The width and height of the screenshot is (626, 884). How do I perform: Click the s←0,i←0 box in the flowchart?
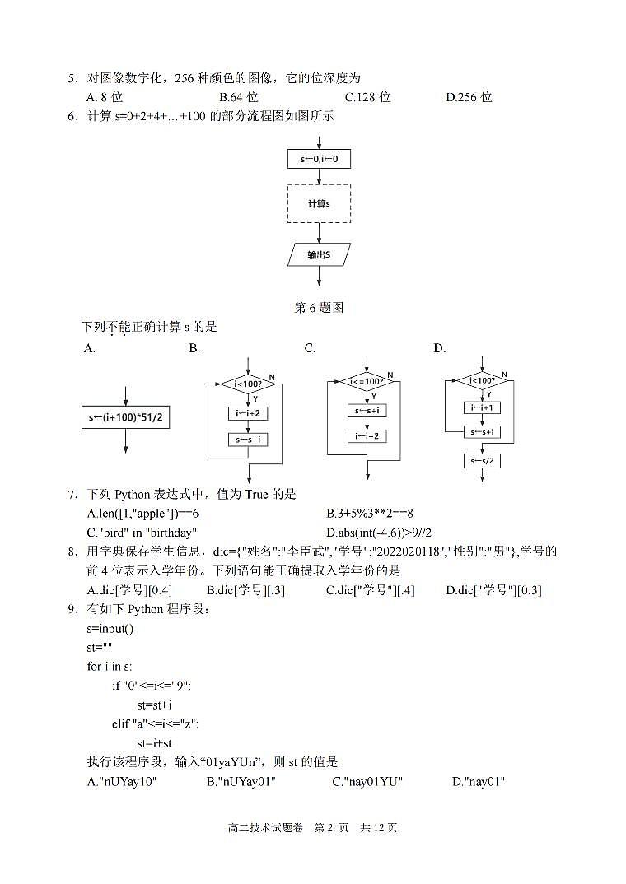[x=319, y=159]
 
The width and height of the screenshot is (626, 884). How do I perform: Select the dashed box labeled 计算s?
[x=319, y=203]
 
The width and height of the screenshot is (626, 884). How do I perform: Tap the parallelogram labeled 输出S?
[x=319, y=255]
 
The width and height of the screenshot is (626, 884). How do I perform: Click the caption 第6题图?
[x=319, y=308]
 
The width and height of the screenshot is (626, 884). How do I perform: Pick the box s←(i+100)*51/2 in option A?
[x=125, y=417]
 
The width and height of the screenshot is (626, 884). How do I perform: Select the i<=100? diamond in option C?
[x=367, y=382]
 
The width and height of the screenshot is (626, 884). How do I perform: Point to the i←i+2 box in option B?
[x=248, y=413]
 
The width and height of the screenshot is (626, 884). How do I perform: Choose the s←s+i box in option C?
[x=367, y=410]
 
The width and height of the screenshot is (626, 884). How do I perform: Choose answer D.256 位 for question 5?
[x=469, y=97]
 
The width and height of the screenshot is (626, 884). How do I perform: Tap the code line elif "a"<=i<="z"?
[x=156, y=723]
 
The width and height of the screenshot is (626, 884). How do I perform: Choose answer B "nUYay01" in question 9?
[x=241, y=781]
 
